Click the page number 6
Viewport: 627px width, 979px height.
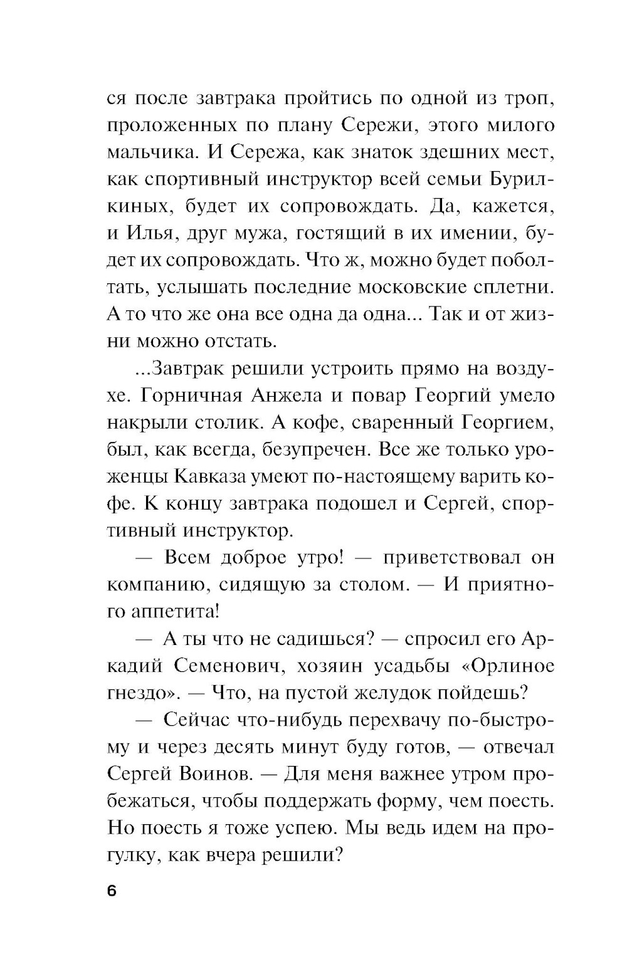pos(112,892)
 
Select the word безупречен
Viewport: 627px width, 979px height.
pos(306,449)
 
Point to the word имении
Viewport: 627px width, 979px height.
pos(481,233)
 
